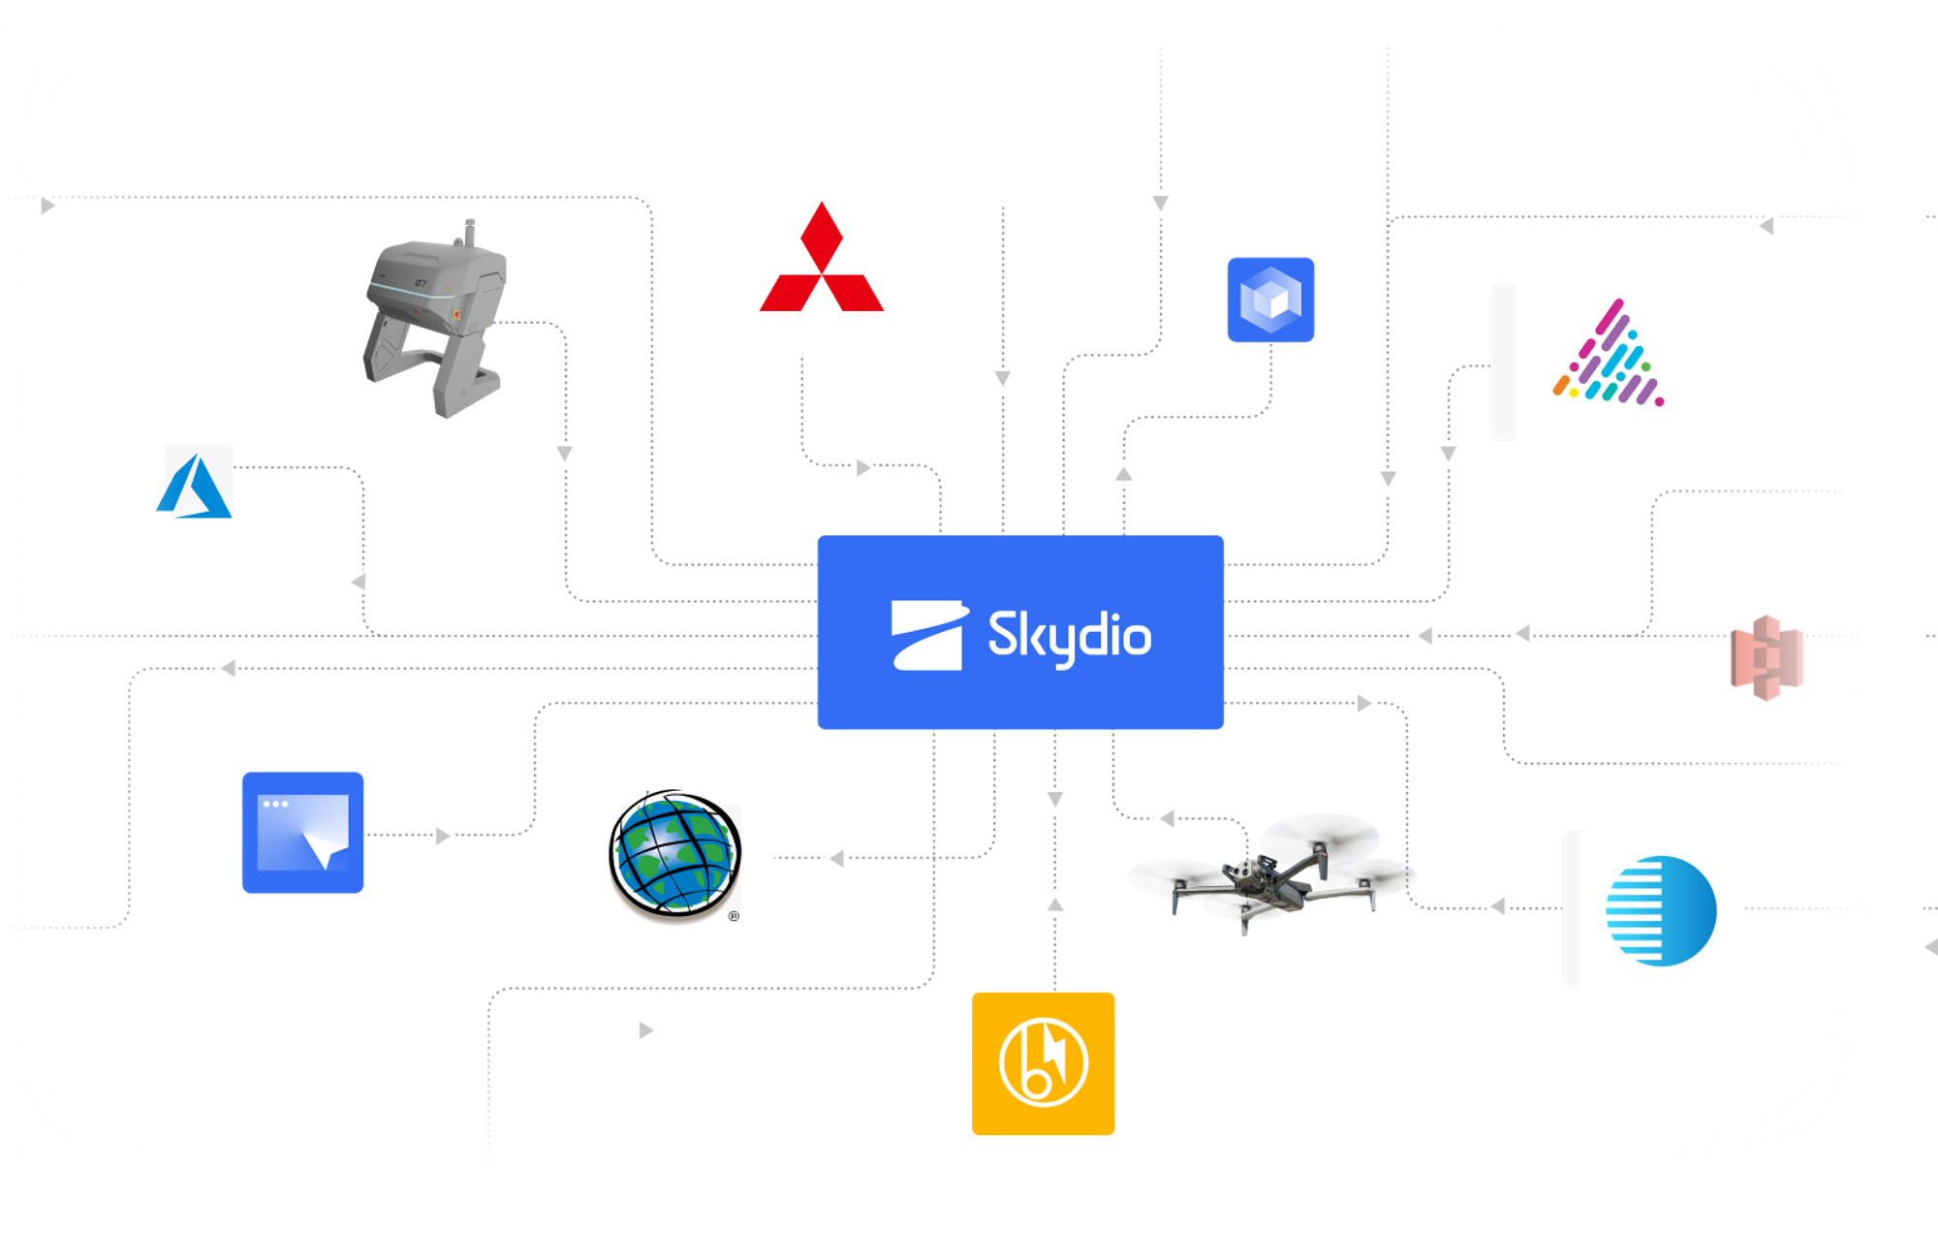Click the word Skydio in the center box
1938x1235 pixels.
[1070, 637]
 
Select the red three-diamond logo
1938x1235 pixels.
[822, 257]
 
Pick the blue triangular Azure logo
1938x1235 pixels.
[195, 485]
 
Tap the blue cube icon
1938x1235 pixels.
[1270, 300]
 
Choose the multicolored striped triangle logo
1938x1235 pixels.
[1609, 353]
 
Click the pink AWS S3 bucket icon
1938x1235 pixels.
[1766, 657]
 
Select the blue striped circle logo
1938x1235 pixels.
[1661, 910]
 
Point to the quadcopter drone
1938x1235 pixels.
[1269, 872]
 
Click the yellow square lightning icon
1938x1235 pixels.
[1043, 1063]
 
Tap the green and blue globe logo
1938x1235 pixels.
[675, 854]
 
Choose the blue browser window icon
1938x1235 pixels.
[302, 833]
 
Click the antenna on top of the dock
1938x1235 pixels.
[470, 233]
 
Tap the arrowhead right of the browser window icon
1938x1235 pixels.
[443, 836]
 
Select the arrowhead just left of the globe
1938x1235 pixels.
[837, 859]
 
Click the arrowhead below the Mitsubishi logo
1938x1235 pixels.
[862, 468]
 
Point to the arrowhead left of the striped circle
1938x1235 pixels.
[1498, 906]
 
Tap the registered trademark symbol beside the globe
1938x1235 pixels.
[735, 916]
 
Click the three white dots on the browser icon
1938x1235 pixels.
[275, 804]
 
